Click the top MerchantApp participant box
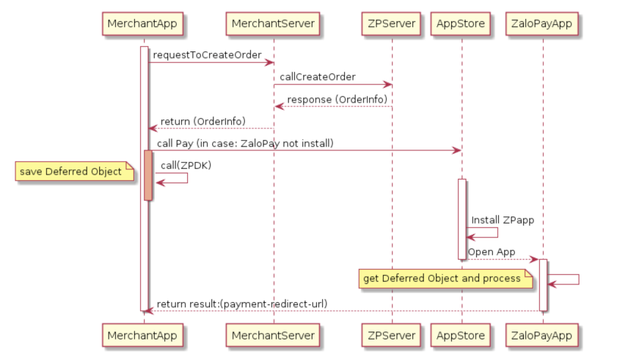coord(143,23)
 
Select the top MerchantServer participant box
coord(273,23)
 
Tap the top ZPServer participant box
coord(392,23)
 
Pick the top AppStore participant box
coord(461,23)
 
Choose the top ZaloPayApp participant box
coord(543,23)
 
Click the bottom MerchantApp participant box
coord(143,336)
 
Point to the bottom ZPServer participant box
coord(392,336)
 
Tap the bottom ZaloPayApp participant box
coord(543,336)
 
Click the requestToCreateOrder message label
coord(207,55)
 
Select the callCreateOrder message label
coord(318,77)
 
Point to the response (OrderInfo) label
coord(337,99)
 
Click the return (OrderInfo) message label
coord(202,121)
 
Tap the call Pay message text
coord(245,143)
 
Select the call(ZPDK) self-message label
coord(186,166)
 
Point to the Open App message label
coord(492,251)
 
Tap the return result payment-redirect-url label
coord(242,304)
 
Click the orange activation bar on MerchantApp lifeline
coord(148,175)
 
